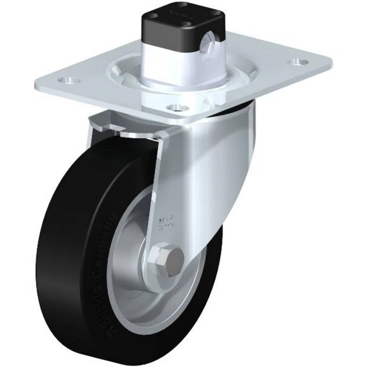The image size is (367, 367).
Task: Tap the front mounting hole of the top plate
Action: [177, 108]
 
